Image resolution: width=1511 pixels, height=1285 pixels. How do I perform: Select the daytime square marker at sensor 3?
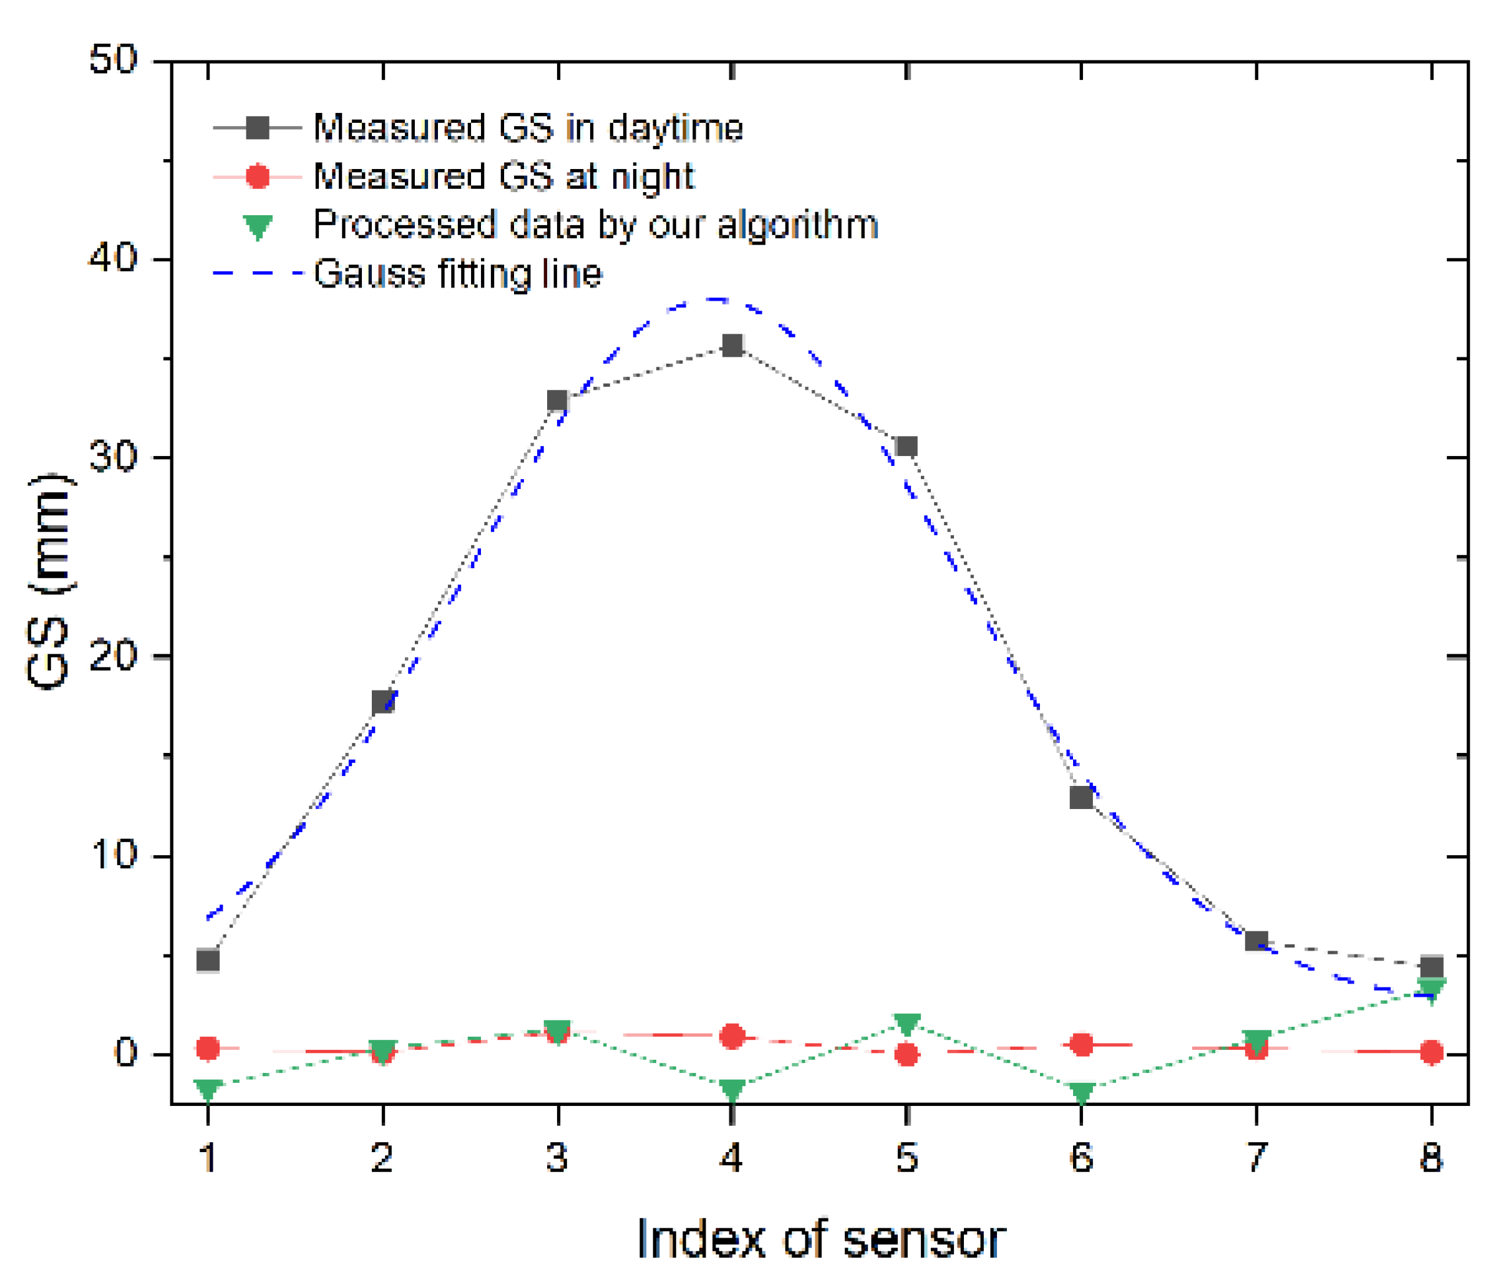point(557,400)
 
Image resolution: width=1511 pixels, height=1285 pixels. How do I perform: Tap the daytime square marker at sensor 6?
point(1081,798)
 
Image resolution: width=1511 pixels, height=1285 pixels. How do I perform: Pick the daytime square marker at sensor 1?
point(208,961)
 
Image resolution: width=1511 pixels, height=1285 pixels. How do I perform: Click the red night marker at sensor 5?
point(906,1054)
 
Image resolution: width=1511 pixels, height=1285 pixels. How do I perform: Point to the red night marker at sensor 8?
point(1431,1052)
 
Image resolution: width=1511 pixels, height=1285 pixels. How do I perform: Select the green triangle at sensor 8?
point(1431,989)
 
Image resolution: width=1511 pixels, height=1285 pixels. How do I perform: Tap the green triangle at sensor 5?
point(906,1024)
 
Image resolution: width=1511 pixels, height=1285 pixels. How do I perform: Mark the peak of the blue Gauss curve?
point(717,299)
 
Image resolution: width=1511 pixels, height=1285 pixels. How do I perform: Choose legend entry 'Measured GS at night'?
point(503,177)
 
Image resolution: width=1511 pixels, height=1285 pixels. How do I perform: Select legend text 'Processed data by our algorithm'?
point(595,225)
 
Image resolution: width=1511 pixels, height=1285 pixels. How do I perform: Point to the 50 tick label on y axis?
point(113,60)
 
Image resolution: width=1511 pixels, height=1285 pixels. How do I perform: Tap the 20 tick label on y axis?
point(113,656)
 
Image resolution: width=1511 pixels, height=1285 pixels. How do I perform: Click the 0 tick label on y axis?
point(125,1054)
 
